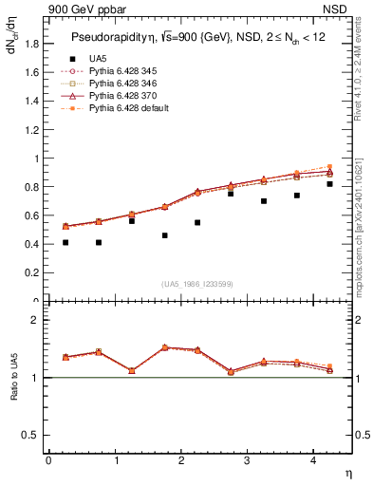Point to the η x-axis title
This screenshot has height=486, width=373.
tap(346, 472)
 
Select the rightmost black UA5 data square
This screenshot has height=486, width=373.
tap(330, 184)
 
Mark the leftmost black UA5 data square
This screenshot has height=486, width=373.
tap(65, 243)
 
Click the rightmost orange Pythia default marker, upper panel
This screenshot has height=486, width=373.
tap(330, 167)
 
